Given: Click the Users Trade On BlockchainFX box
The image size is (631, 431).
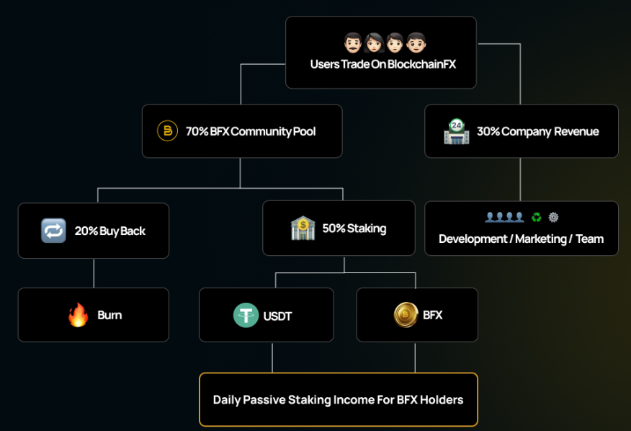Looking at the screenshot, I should [x=380, y=53].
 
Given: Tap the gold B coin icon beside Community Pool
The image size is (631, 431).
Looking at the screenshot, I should [x=167, y=131].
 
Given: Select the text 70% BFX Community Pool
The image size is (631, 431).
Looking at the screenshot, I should [x=251, y=132].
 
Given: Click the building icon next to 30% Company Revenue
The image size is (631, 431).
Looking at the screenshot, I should [x=456, y=131].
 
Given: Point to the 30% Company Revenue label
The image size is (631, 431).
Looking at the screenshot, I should [x=537, y=132].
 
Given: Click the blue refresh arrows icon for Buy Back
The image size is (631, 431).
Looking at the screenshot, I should [x=53, y=231].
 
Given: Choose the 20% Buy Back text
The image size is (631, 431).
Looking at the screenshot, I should [x=109, y=231].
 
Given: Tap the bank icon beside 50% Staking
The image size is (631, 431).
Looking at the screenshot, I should [x=303, y=228].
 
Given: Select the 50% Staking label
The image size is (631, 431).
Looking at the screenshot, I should [x=354, y=228].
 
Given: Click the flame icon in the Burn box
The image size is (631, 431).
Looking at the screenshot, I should [x=78, y=315].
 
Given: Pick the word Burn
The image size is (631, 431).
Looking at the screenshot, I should [x=109, y=315].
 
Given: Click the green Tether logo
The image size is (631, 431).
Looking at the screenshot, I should [x=246, y=315].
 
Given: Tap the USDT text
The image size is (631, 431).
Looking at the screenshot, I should [x=277, y=316].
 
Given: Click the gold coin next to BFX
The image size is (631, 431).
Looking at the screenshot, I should [x=406, y=315].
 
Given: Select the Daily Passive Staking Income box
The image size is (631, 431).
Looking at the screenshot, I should [x=338, y=399].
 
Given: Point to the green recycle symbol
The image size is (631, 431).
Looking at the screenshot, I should [x=536, y=217].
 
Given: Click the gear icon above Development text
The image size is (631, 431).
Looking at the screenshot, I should [x=553, y=217].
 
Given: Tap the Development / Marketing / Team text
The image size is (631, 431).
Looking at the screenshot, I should [x=521, y=239].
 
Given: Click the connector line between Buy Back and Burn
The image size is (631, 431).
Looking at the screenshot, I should [x=94, y=273].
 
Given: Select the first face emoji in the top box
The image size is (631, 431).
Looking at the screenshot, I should [x=352, y=43].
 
